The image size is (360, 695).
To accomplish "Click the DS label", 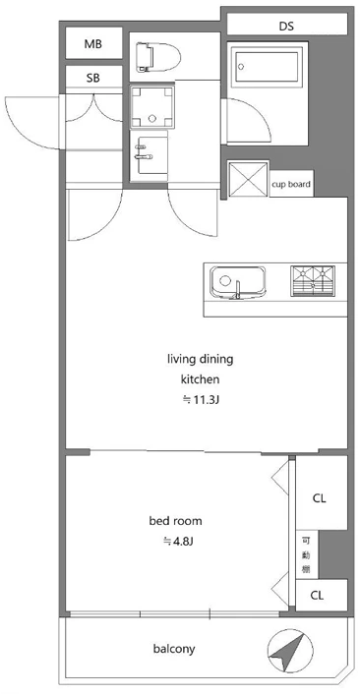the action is click(x=286, y=27).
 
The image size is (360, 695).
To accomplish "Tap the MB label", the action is click(x=93, y=44).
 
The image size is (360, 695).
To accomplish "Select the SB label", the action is click(x=93, y=79).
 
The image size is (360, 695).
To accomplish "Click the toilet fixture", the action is click(x=158, y=57).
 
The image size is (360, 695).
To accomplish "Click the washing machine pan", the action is click(x=152, y=106).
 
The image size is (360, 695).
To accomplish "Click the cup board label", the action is click(x=291, y=184).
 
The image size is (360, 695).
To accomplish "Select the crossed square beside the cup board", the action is click(x=248, y=179).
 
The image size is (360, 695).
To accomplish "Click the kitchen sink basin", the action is click(x=238, y=282).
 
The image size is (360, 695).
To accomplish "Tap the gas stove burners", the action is click(x=313, y=281).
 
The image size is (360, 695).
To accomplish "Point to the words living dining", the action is click(x=200, y=359).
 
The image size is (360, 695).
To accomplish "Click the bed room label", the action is click(x=175, y=521).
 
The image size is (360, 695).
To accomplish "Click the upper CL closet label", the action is click(x=320, y=498).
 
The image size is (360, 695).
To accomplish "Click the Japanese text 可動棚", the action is click(x=306, y=554).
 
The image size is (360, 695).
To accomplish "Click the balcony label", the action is click(x=174, y=650).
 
